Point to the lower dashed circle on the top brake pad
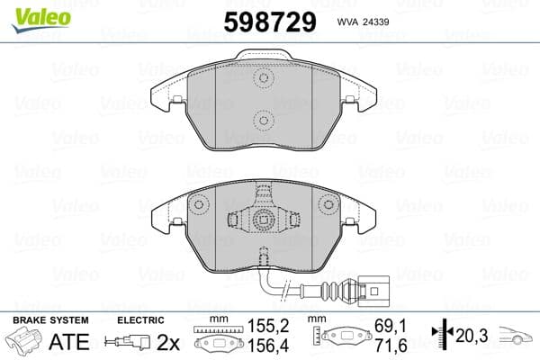click(x=264, y=120)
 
